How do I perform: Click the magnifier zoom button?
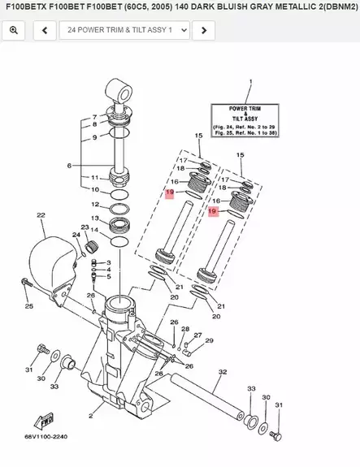pyautogui.click(x=14, y=31)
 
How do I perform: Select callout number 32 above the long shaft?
pyautogui.click(x=222, y=371)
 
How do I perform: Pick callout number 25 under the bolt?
pyautogui.click(x=28, y=306)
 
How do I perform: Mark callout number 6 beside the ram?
pyautogui.click(x=70, y=166)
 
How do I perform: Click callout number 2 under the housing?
pyautogui.click(x=91, y=415)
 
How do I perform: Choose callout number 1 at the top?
pyautogui.click(x=250, y=82)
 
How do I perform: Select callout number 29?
pyautogui.click(x=210, y=340)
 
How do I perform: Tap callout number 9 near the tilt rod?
pyautogui.click(x=94, y=137)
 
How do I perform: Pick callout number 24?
pyautogui.click(x=76, y=236)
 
